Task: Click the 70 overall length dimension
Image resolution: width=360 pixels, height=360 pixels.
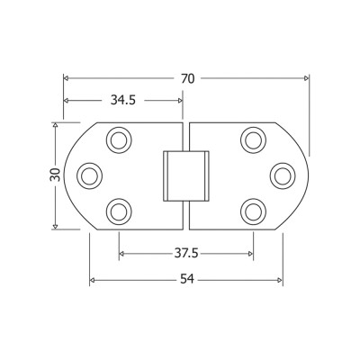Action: click(x=188, y=78)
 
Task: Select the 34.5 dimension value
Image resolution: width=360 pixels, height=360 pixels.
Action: click(x=123, y=100)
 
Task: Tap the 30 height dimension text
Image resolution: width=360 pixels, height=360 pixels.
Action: click(x=55, y=175)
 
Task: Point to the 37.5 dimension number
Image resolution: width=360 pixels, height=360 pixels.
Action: click(x=186, y=254)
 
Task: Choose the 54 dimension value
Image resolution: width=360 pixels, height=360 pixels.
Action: click(x=187, y=280)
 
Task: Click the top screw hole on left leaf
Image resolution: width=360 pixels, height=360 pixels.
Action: click(x=119, y=140)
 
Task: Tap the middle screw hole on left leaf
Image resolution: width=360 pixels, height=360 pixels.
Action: click(x=89, y=175)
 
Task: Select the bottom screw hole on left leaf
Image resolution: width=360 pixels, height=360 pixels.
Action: click(x=119, y=211)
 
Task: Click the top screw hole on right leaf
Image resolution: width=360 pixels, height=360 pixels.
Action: click(x=254, y=140)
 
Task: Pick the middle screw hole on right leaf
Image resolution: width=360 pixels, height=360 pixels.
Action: click(x=283, y=175)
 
